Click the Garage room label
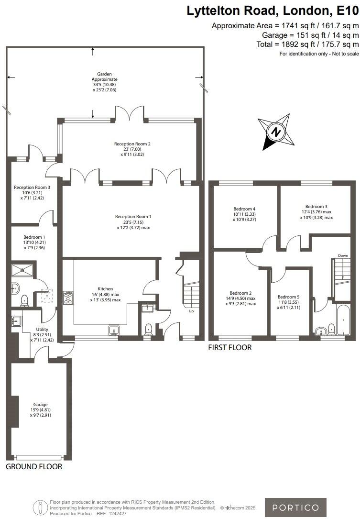[x=40, y=409]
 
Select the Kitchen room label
[x=105, y=294]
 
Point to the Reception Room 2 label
[x=132, y=149]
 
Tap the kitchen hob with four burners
[x=68, y=298]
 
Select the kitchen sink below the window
[x=114, y=330]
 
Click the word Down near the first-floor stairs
[x=343, y=255]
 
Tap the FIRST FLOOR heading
[x=229, y=348]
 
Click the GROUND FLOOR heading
[x=33, y=466]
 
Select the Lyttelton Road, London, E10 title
[x=273, y=11]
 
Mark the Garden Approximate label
[x=104, y=82]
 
